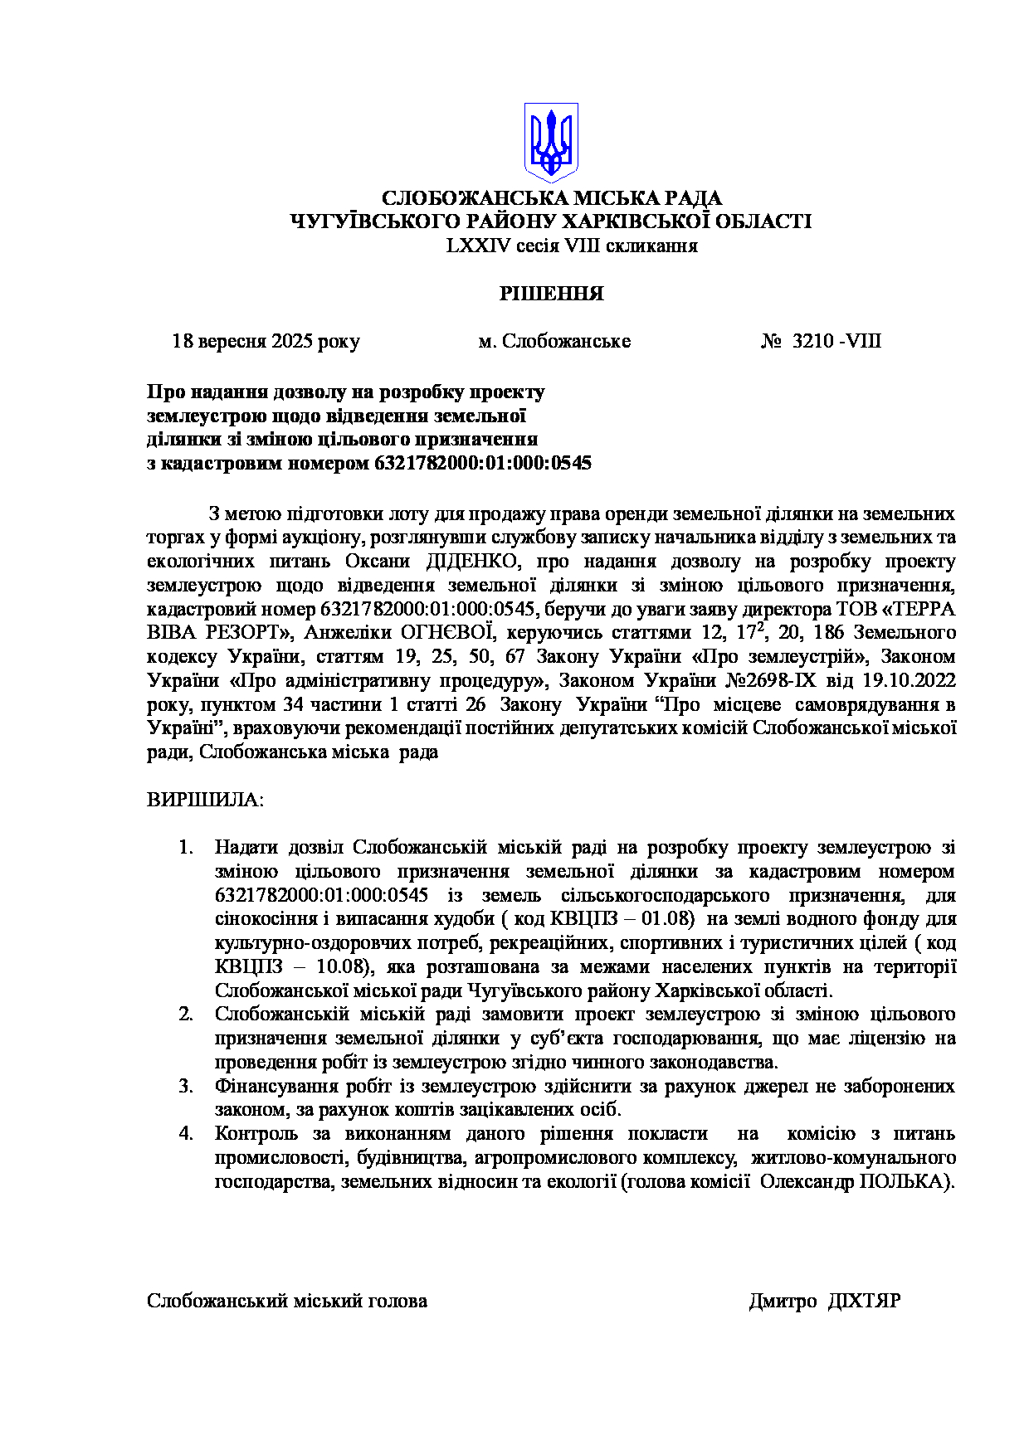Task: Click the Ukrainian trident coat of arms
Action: [x=551, y=143]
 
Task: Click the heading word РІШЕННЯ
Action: [x=551, y=294]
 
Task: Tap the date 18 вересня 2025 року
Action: [x=266, y=342]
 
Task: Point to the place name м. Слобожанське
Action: [x=554, y=342]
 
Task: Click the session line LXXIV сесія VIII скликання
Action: [x=572, y=246]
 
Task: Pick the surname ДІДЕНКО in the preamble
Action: [x=472, y=562]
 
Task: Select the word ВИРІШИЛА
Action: [x=205, y=800]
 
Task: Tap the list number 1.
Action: [x=186, y=848]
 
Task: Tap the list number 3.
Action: [x=186, y=1087]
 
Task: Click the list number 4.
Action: [x=186, y=1134]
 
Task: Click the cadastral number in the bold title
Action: [x=483, y=463]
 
